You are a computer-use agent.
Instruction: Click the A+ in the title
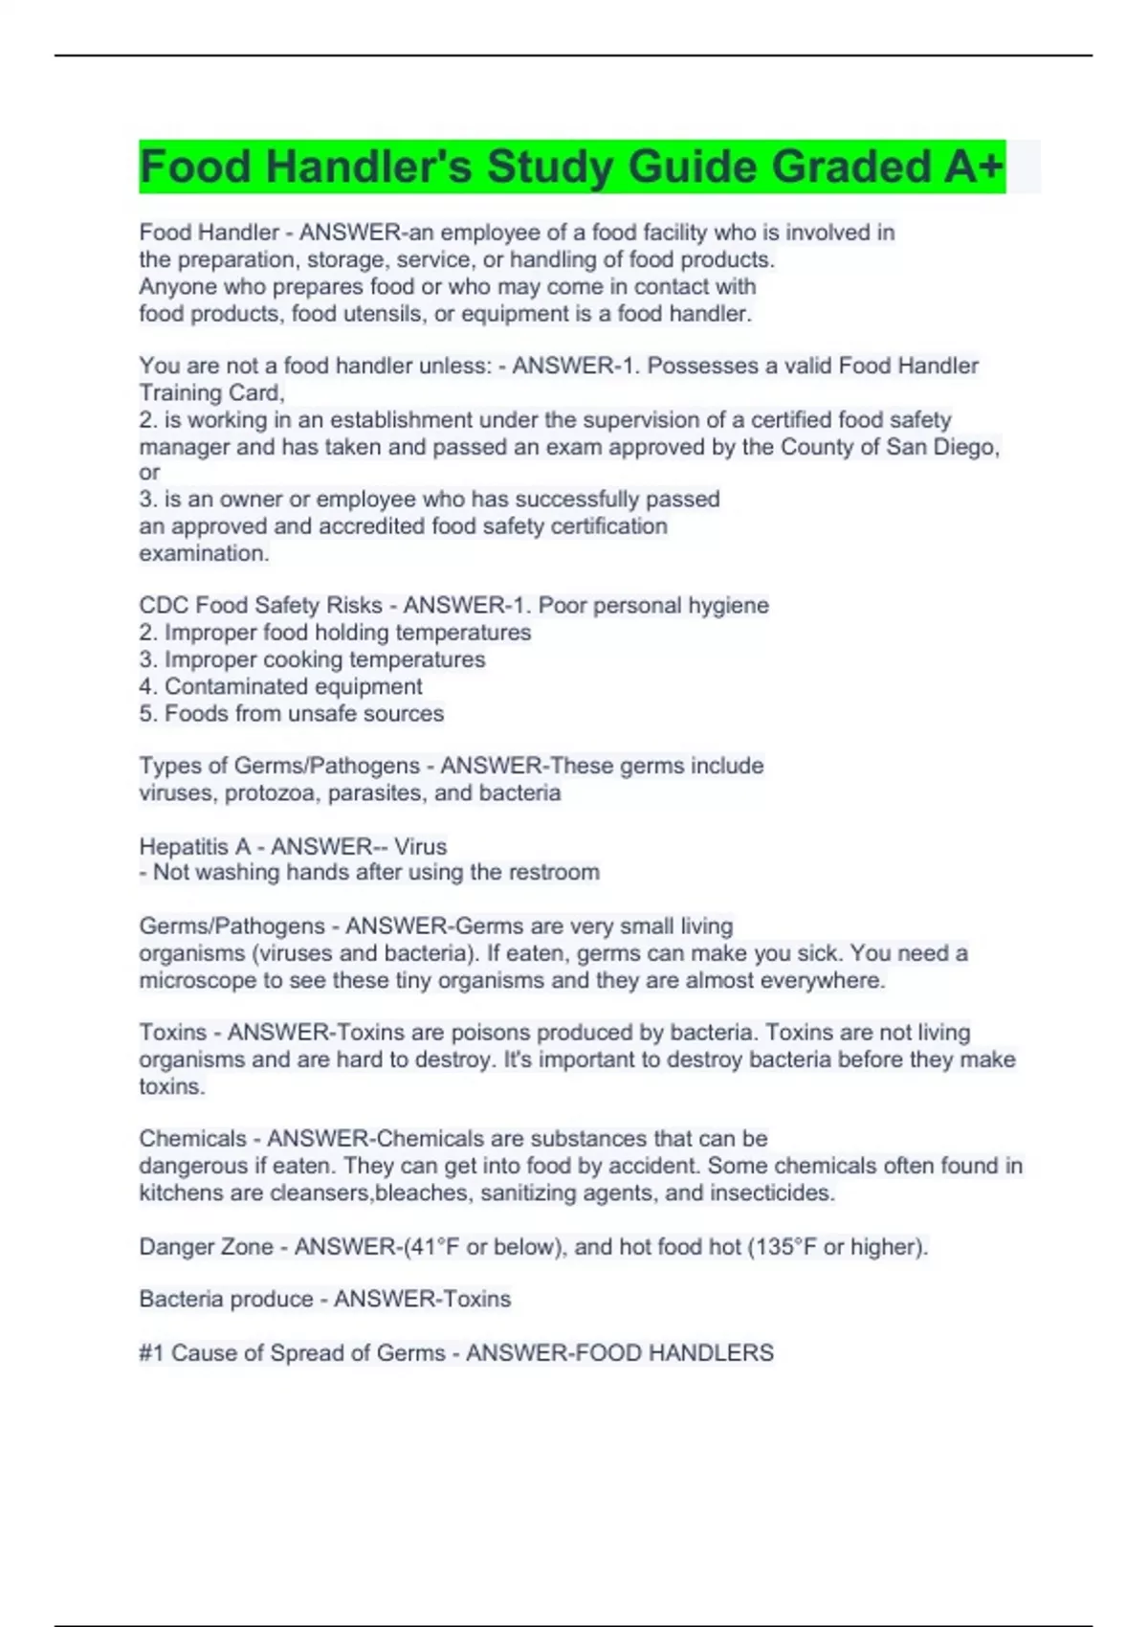coord(974,167)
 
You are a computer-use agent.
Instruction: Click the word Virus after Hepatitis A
coord(420,846)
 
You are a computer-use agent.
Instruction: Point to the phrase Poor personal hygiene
coord(653,605)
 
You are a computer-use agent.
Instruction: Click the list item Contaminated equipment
coord(293,686)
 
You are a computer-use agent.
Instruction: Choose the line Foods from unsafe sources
coord(303,713)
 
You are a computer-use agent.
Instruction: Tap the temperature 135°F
coord(784,1247)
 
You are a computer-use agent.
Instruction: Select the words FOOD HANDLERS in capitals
coord(619,1352)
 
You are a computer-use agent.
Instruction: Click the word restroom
coord(554,872)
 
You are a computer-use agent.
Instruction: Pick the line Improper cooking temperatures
coord(324,659)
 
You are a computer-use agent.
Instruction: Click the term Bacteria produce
coord(226,1299)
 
